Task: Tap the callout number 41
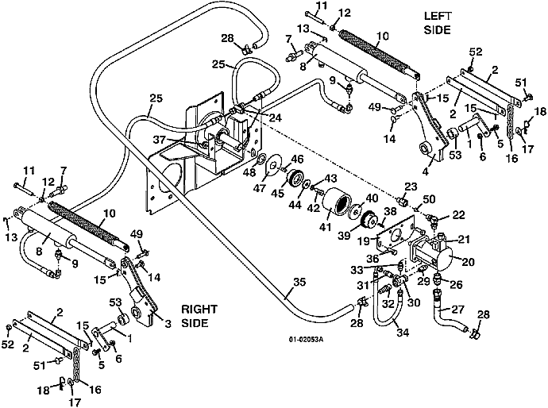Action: coord(326,227)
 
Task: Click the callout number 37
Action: coord(183,140)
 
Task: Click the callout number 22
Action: coord(459,215)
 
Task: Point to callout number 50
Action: coord(428,198)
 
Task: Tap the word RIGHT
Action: coord(196,309)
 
